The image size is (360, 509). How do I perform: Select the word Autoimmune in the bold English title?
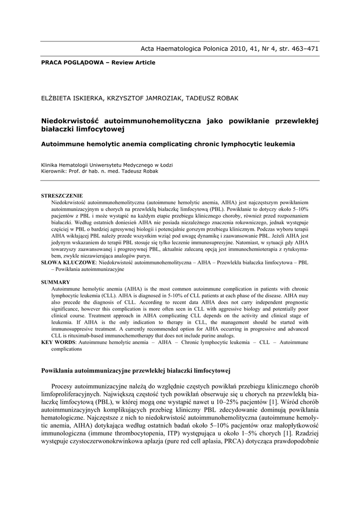pos(62,144)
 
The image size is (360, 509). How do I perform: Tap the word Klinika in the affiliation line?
pos(50,165)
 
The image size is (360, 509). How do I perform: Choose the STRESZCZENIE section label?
pos(62,196)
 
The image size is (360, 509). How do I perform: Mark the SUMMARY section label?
pos(55,282)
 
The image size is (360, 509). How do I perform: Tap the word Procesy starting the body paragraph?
pos(63,386)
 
